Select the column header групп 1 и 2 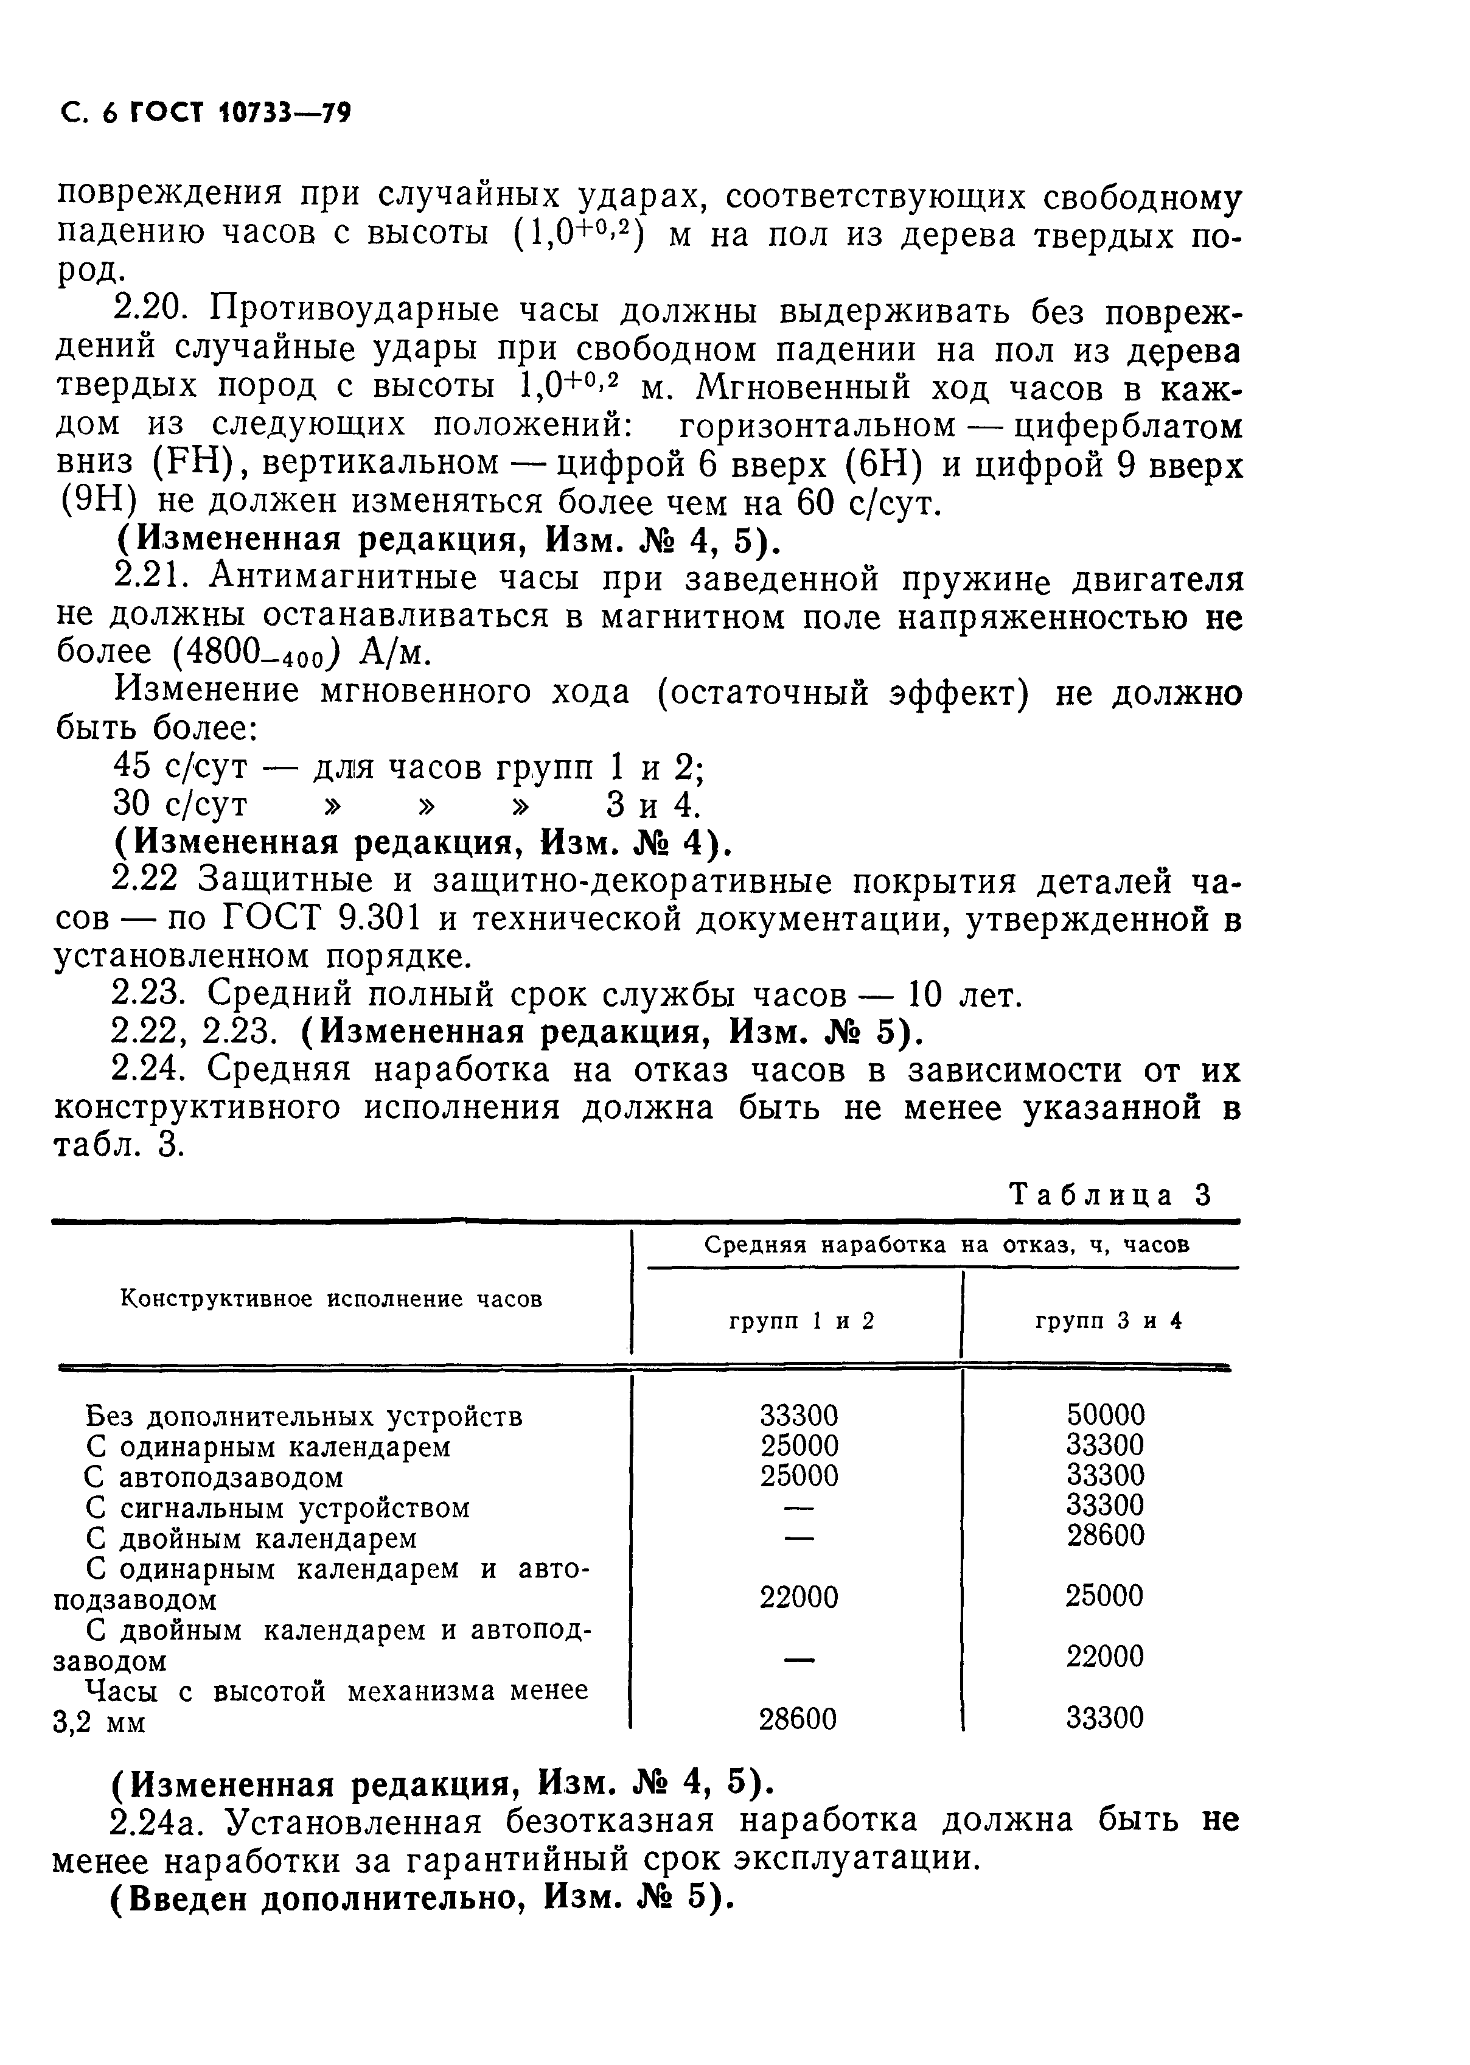(x=801, y=1321)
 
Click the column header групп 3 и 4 (x=1108, y=1321)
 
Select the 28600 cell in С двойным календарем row (x=1105, y=1536)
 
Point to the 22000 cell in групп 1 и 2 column (x=798, y=1596)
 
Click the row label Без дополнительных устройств (x=303, y=1416)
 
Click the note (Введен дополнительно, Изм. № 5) (x=422, y=1898)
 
